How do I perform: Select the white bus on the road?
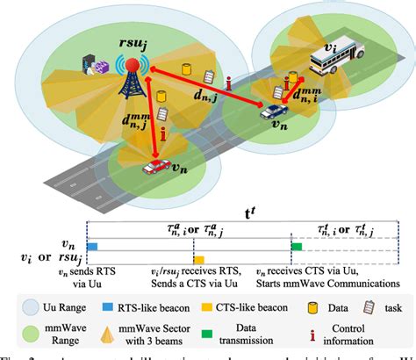[x=337, y=63]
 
